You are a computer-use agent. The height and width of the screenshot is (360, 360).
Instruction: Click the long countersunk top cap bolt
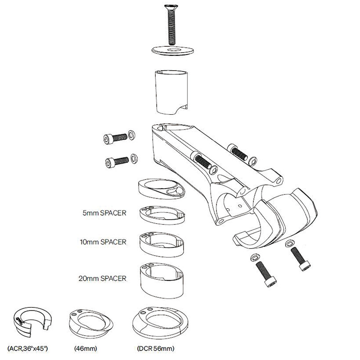pyautogui.click(x=171, y=25)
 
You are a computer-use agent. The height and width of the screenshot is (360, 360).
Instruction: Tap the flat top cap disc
pyautogui.click(x=172, y=50)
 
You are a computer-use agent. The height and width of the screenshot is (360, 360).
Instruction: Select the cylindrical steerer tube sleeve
pyautogui.click(x=171, y=92)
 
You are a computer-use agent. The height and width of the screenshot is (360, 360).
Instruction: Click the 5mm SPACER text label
pyautogui.click(x=104, y=213)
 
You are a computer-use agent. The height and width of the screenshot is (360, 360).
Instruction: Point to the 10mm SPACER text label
pyautogui.click(x=103, y=242)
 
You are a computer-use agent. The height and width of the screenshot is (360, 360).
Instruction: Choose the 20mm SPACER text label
pyautogui.click(x=103, y=278)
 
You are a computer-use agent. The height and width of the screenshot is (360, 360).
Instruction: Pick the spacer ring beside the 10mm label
pyautogui.click(x=162, y=245)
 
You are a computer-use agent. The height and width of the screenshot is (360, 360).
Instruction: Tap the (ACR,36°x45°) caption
pyautogui.click(x=27, y=348)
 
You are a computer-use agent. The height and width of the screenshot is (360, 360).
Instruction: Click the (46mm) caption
pyautogui.click(x=85, y=348)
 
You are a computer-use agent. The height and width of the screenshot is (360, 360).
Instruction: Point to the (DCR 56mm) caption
pyautogui.click(x=156, y=348)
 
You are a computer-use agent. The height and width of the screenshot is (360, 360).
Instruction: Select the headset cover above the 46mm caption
pyautogui.click(x=91, y=322)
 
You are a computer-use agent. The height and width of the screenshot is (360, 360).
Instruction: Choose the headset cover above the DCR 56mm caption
pyautogui.click(x=160, y=322)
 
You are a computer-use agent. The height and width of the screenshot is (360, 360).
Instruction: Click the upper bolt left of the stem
pyautogui.click(x=115, y=138)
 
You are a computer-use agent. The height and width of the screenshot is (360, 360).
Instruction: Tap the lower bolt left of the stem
pyautogui.click(x=117, y=162)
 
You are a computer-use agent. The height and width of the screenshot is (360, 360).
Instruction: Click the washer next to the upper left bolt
pyautogui.click(x=131, y=135)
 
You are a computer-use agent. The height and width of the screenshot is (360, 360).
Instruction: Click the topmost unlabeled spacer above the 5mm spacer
pyautogui.click(x=162, y=189)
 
